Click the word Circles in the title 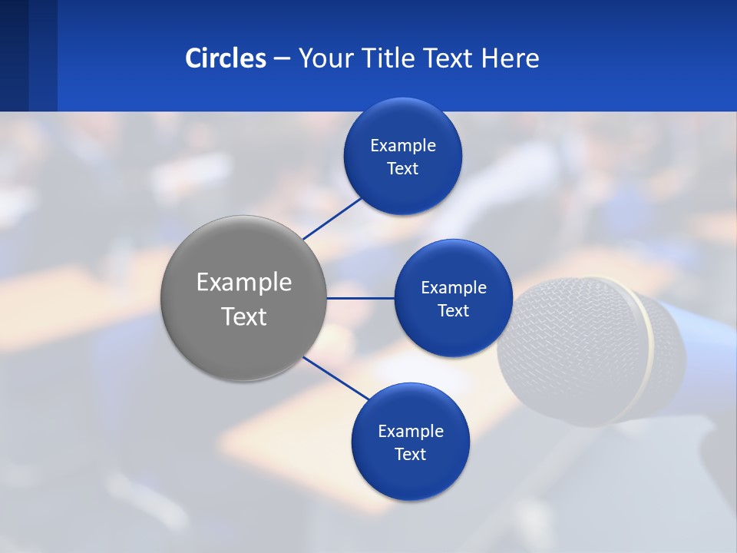click(x=226, y=58)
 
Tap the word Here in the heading click(x=511, y=58)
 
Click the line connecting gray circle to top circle click(x=332, y=217)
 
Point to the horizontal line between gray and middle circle click(x=361, y=298)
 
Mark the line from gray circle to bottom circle click(x=335, y=378)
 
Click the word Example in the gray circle click(x=244, y=283)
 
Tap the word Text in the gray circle click(x=244, y=316)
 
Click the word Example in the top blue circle click(x=403, y=146)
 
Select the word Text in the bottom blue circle click(x=411, y=455)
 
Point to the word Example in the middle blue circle click(x=454, y=288)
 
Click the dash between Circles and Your click(x=282, y=58)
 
